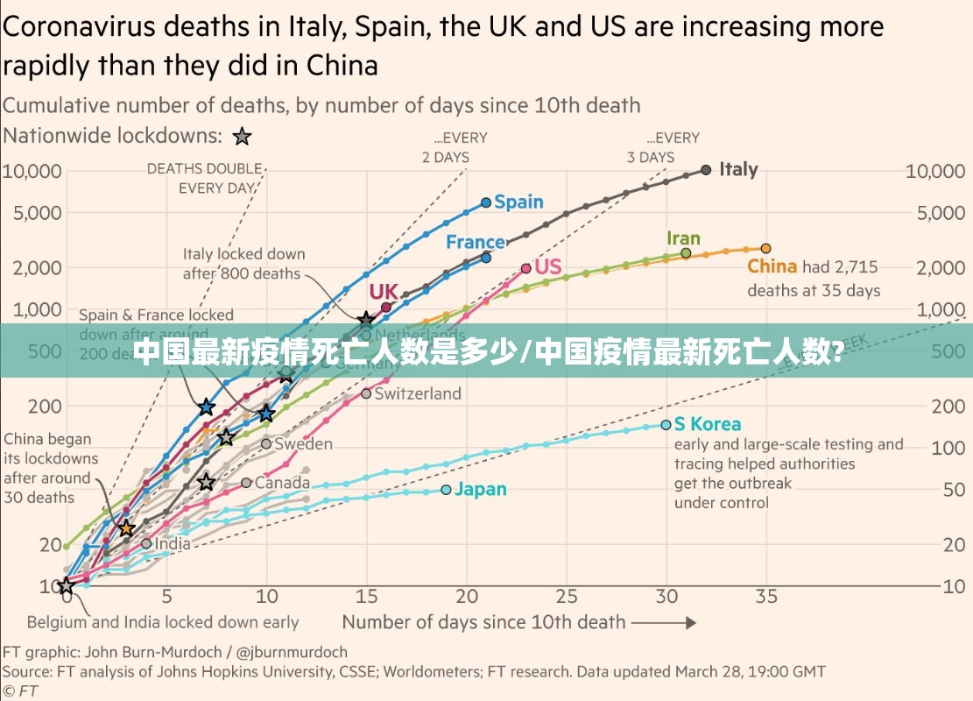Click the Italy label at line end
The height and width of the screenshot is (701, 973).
click(x=738, y=169)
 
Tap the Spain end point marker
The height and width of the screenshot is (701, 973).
click(x=487, y=202)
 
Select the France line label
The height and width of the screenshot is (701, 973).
click(x=476, y=242)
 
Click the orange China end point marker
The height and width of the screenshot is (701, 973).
click(x=765, y=249)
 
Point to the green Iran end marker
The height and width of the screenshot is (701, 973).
click(x=686, y=253)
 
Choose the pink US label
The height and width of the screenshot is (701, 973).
click(x=547, y=266)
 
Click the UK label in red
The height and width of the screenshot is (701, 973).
click(x=384, y=291)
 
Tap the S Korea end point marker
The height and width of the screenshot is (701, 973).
click(x=666, y=425)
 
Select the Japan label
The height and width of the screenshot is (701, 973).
click(x=481, y=489)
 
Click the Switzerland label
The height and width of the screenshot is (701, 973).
click(x=418, y=393)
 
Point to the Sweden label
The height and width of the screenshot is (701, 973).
click(x=303, y=443)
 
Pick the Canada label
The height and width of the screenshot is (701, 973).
click(x=282, y=483)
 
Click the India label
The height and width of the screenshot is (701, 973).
click(x=173, y=543)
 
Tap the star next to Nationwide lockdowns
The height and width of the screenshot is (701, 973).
click(x=242, y=137)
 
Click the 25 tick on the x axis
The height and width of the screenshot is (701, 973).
click(x=567, y=597)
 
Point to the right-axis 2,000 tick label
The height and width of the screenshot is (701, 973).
click(x=934, y=267)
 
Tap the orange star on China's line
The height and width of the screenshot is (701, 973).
click(x=126, y=528)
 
